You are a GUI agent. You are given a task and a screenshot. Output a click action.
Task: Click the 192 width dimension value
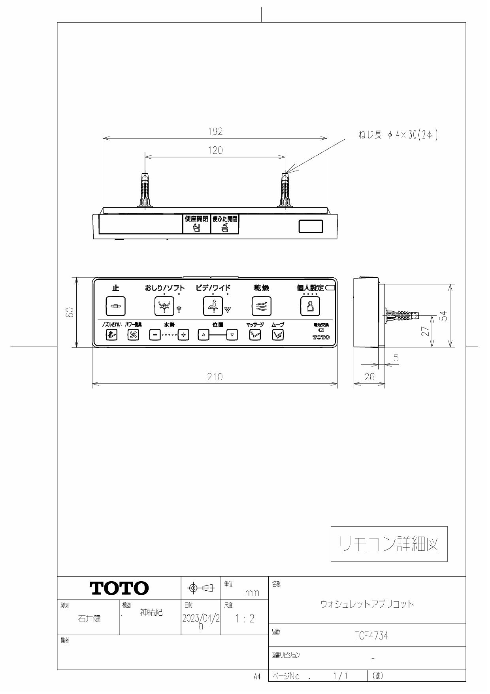[x=215, y=132]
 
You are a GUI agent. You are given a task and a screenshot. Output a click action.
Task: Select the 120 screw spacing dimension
[x=215, y=150]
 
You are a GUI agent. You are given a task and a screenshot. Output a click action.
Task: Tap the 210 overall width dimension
[x=215, y=377]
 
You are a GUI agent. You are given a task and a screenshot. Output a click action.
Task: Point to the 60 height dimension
[x=71, y=313]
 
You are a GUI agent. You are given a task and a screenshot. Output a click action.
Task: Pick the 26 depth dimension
[x=369, y=377]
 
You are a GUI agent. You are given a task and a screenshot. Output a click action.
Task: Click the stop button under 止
[x=115, y=306]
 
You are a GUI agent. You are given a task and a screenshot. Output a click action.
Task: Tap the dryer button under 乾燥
[x=262, y=306]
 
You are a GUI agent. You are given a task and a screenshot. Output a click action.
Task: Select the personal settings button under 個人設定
[x=310, y=306]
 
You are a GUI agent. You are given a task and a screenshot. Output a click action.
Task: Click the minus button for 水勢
[x=155, y=335]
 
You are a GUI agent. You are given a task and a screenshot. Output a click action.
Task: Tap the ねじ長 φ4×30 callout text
[x=399, y=135]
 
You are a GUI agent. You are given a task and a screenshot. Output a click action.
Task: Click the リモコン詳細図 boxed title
[x=389, y=544]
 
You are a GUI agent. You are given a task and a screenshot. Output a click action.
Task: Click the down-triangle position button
[x=232, y=335]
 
